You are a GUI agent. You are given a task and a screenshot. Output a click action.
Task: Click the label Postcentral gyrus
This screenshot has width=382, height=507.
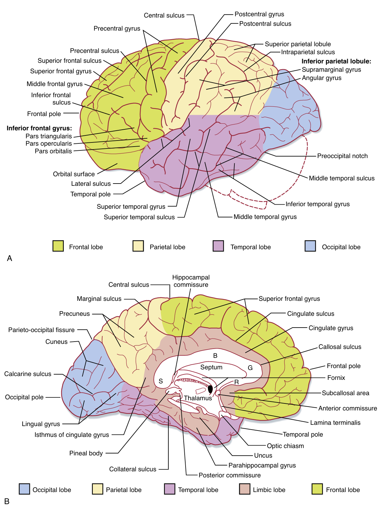(259, 14)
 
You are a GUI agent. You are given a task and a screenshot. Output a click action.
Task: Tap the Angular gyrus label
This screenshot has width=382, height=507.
(321, 78)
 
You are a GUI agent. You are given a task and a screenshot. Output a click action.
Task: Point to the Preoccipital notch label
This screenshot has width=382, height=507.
(342, 156)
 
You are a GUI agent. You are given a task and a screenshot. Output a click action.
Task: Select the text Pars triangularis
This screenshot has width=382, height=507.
(49, 136)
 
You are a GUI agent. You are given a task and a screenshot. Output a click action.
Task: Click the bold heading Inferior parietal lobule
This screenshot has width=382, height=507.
(336, 61)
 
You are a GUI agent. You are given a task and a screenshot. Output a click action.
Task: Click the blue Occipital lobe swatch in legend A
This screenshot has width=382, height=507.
(310, 246)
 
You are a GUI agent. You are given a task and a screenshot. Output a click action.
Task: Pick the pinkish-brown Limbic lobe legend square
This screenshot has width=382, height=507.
(245, 489)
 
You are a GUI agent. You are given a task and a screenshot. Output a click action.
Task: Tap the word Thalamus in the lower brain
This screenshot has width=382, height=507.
(198, 398)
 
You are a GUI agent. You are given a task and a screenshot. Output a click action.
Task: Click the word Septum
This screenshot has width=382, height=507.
(211, 367)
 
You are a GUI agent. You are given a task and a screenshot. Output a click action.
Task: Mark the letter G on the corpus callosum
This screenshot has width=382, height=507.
(250, 368)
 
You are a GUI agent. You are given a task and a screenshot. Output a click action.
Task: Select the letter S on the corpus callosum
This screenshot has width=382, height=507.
(161, 381)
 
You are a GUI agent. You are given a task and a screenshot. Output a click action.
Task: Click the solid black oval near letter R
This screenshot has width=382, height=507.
(210, 389)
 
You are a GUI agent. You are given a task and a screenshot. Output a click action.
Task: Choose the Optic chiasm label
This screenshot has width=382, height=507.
(285, 446)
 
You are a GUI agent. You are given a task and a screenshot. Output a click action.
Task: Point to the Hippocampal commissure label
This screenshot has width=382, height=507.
(191, 281)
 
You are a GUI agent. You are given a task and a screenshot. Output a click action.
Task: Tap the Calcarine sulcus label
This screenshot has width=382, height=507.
(28, 374)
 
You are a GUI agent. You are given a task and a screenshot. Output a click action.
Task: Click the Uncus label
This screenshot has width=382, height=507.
(263, 455)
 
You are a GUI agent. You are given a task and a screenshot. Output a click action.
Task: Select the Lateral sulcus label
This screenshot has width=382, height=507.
(91, 184)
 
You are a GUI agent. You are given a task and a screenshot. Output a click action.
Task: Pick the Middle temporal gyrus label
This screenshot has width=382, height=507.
(265, 217)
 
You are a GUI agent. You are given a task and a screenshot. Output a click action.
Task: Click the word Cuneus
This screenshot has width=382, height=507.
(56, 342)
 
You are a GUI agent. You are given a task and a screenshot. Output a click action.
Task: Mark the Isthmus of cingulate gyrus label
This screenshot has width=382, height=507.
(72, 435)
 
